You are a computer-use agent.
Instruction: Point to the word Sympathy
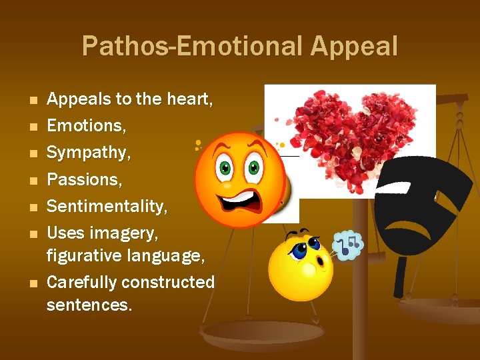tap(89, 153)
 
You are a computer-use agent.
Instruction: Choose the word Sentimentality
tap(107, 206)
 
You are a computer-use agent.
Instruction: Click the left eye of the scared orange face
tap(225, 166)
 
